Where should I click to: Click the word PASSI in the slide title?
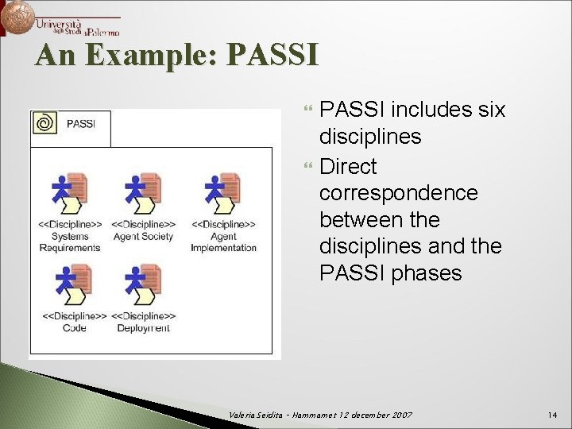(x=272, y=56)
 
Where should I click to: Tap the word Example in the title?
(x=150, y=56)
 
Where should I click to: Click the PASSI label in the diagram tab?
(x=82, y=123)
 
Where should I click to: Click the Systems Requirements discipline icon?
(x=70, y=194)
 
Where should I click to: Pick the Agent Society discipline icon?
(x=143, y=194)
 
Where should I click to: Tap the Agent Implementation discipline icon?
(x=222, y=194)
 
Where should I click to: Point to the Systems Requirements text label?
(x=70, y=242)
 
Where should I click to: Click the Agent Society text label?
(x=143, y=236)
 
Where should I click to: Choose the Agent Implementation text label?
(x=223, y=242)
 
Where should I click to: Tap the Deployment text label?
(x=143, y=328)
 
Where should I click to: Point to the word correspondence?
(x=398, y=193)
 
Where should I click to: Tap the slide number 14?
(x=553, y=415)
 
